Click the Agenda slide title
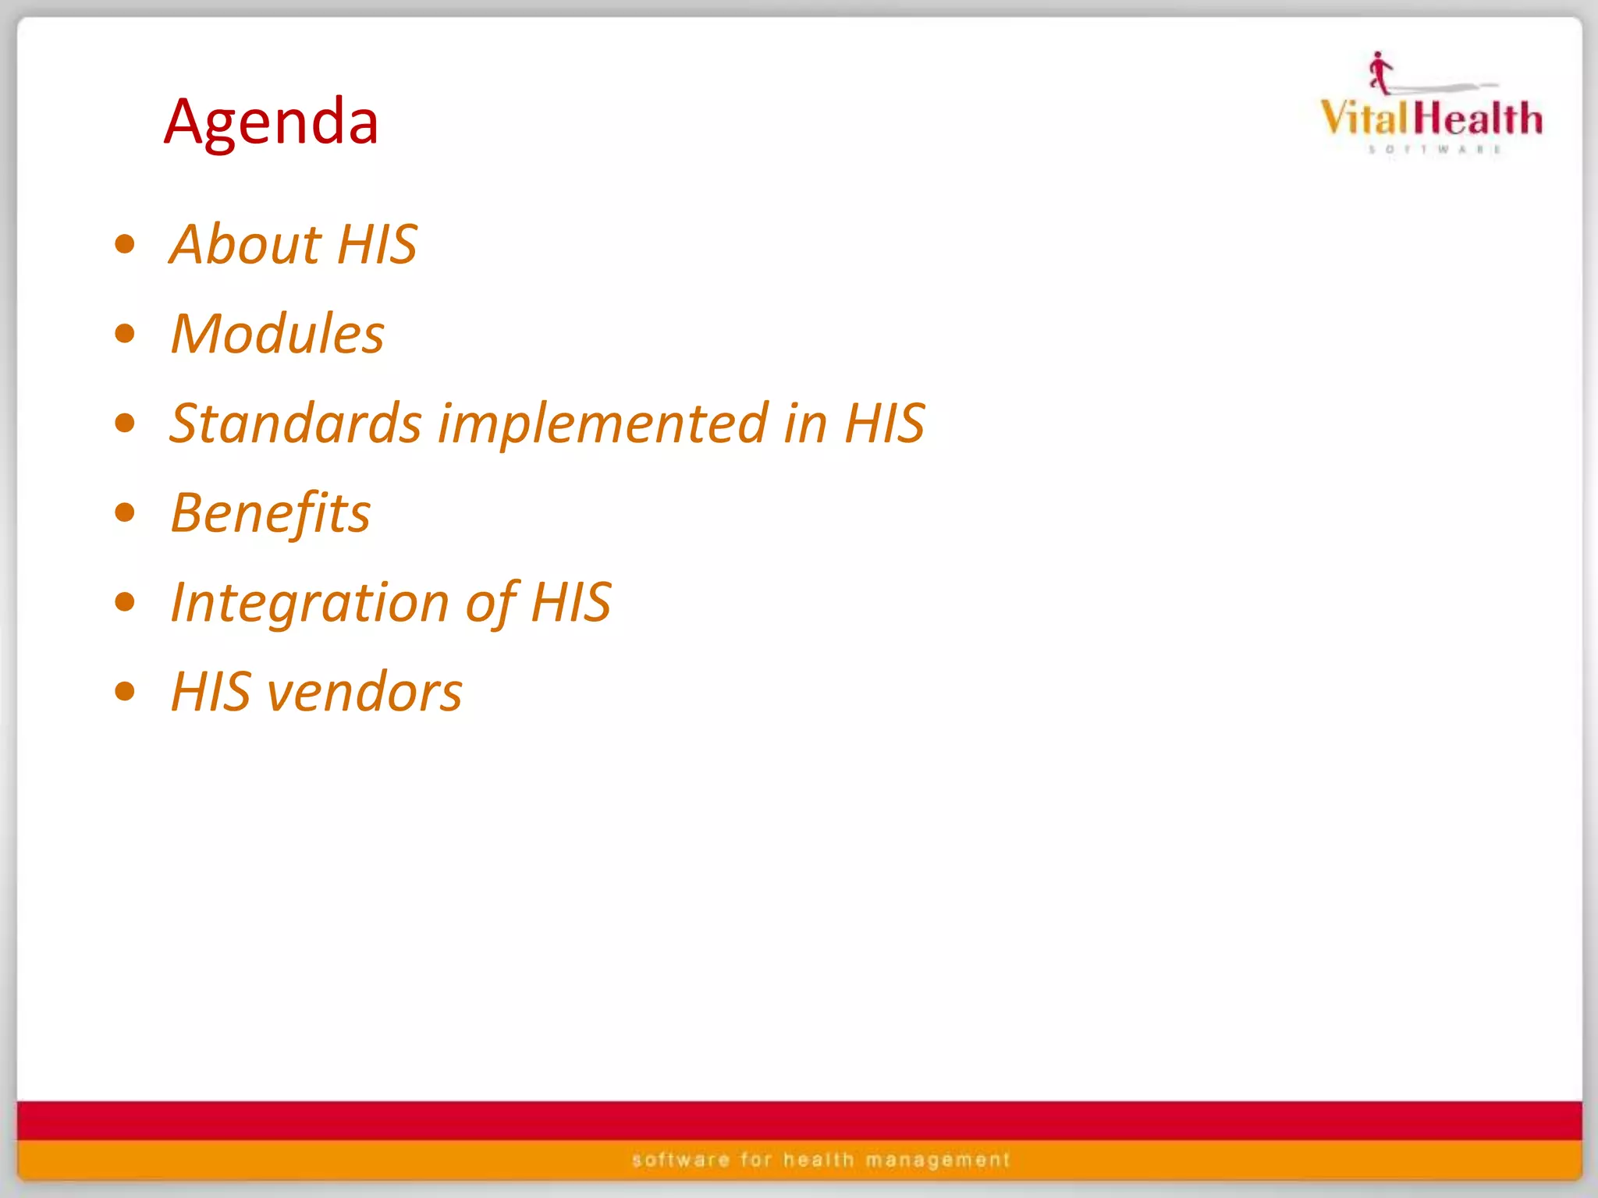(271, 122)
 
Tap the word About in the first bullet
(246, 244)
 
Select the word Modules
(277, 334)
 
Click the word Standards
(296, 424)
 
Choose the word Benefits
(270, 513)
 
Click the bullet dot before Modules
(125, 334)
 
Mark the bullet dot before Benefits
(125, 513)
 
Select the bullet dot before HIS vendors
(125, 692)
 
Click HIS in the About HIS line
(378, 244)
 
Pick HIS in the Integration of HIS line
(571, 603)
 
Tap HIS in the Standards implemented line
(885, 424)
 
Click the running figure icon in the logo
(1380, 73)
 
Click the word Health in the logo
(1479, 119)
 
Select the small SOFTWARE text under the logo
(1434, 149)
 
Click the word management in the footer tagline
(938, 1161)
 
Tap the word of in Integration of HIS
(490, 603)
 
